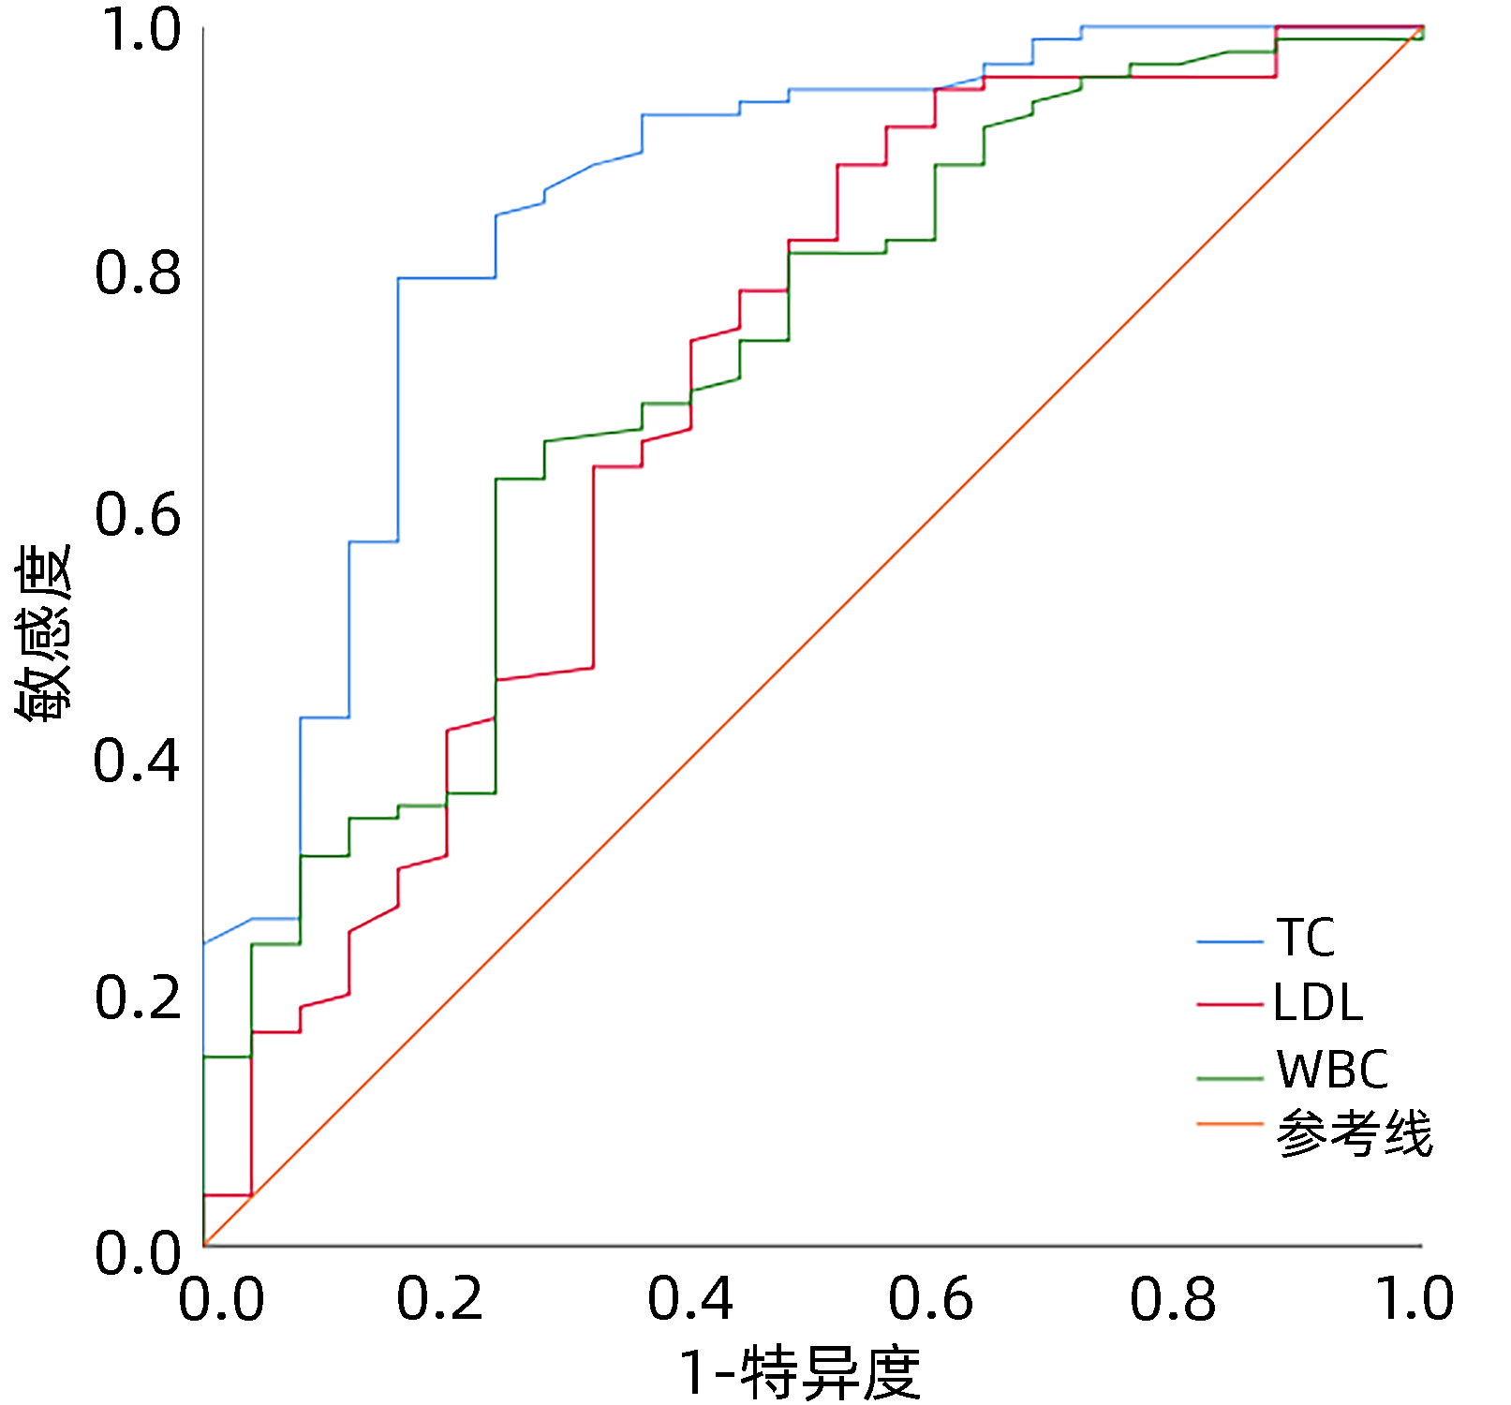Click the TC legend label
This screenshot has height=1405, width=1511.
pos(1305,938)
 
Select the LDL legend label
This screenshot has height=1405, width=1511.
pos(1317,1003)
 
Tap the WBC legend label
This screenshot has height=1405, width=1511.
pos(1332,1070)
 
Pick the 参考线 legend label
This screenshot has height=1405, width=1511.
pos(1354,1134)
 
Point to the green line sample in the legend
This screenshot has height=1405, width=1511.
pos(1230,1079)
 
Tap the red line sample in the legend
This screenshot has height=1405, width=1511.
pos(1230,1005)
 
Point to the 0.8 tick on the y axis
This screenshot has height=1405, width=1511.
pos(138,273)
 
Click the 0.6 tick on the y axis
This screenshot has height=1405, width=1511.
pos(138,515)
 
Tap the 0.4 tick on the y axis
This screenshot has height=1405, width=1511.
pos(137,761)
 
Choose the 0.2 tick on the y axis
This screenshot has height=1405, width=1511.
pos(138,998)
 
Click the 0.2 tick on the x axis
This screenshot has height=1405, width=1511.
pos(439,1299)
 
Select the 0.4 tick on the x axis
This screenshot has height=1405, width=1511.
pos(690,1299)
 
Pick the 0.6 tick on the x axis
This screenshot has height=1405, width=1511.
pos(931,1299)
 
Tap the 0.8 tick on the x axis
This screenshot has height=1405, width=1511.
pos(1173,1299)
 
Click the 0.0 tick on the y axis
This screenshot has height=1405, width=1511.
pos(138,1253)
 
